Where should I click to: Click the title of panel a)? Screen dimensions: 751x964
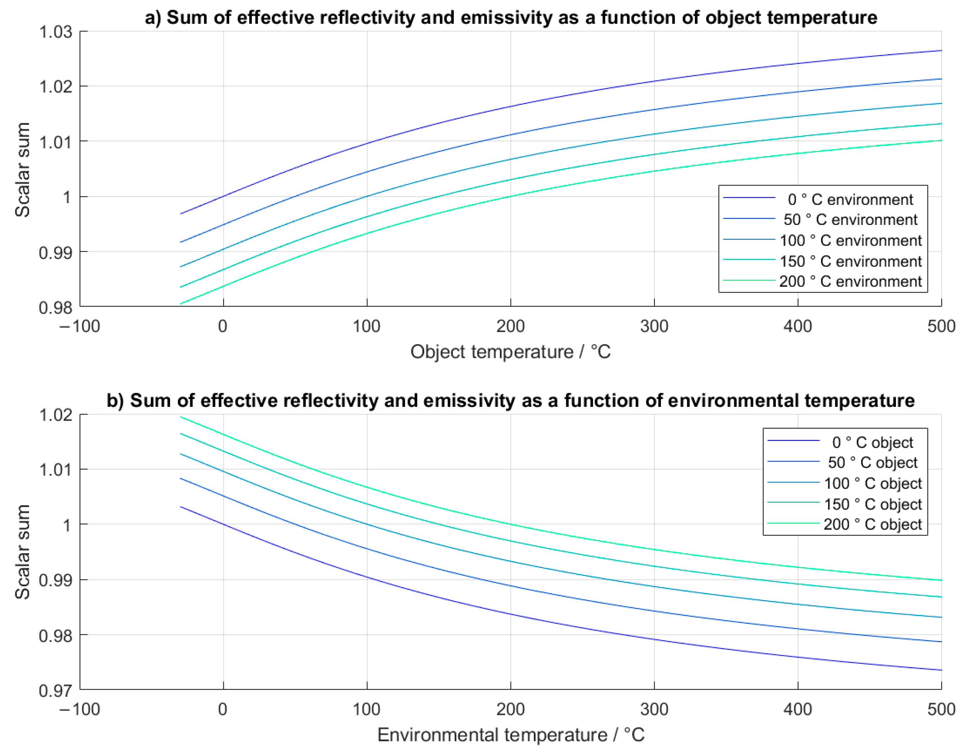pyautogui.click(x=511, y=18)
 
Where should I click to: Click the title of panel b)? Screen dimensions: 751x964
pyautogui.click(x=511, y=401)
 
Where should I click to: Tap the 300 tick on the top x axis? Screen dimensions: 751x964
pyautogui.click(x=654, y=326)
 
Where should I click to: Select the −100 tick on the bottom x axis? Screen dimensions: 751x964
pyautogui.click(x=80, y=709)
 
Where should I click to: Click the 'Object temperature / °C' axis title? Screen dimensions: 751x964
pyautogui.click(x=511, y=352)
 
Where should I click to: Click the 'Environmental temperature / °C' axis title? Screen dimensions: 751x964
pyautogui.click(x=511, y=735)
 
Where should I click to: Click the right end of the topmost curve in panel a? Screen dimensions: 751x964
pyautogui.click(x=941, y=51)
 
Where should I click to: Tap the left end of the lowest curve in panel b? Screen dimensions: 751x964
pyautogui.click(x=181, y=507)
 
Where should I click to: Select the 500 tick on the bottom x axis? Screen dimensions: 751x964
pyautogui.click(x=941, y=709)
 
